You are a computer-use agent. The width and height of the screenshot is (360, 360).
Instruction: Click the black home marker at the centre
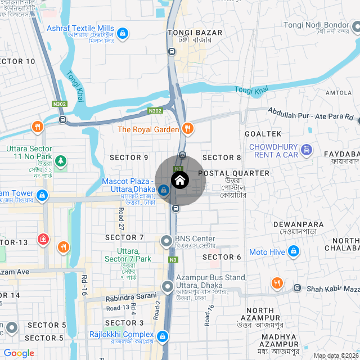(x=179, y=181)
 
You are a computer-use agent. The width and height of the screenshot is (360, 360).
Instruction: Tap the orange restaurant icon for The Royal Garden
(x=188, y=129)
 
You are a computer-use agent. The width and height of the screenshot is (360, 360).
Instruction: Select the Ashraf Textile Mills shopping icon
(x=123, y=33)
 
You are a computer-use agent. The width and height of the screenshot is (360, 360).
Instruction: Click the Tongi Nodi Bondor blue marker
(x=356, y=26)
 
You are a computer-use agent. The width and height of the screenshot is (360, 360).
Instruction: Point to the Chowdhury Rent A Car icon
(x=306, y=150)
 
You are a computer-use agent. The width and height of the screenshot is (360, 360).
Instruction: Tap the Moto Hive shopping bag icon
(x=293, y=251)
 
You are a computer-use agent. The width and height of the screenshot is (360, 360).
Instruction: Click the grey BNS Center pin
(x=166, y=241)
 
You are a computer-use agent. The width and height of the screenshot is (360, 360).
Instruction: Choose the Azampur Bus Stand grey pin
(x=168, y=287)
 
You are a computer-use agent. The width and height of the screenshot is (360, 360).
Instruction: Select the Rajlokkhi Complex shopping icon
(x=163, y=337)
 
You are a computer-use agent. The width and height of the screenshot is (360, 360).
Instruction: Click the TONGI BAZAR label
(x=195, y=33)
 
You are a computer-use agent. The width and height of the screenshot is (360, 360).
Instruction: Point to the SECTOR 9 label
(x=129, y=157)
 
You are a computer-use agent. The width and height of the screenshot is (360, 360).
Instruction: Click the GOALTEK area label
(x=263, y=133)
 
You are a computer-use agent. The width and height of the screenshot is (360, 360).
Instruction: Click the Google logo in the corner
(x=19, y=353)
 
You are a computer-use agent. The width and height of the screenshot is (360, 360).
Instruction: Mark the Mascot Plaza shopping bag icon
(x=163, y=191)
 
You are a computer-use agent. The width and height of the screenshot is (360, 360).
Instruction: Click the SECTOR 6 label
(x=222, y=257)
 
